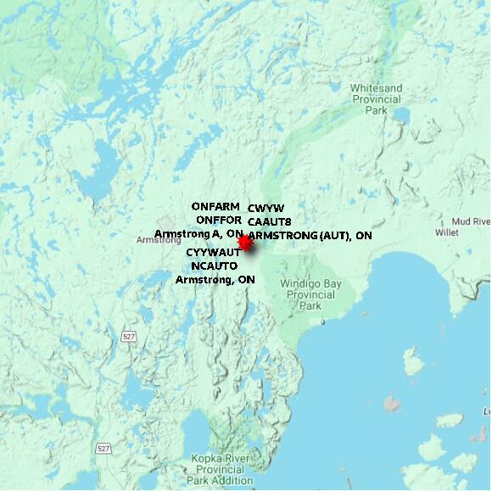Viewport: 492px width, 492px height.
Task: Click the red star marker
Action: tap(245, 243)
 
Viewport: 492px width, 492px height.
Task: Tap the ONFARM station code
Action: tap(215, 206)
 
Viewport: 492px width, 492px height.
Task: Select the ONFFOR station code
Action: tap(219, 220)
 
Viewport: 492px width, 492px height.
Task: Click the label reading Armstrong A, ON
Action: tap(198, 233)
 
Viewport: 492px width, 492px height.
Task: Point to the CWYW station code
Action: tap(266, 208)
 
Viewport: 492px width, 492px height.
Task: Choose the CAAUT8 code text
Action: tap(270, 221)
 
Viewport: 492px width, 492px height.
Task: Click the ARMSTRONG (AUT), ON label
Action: tap(311, 235)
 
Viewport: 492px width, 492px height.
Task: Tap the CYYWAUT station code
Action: tap(213, 253)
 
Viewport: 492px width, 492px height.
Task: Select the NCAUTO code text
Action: tap(214, 266)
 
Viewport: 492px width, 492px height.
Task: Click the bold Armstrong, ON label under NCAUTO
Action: tap(215, 279)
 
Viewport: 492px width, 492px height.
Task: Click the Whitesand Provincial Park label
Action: tap(376, 98)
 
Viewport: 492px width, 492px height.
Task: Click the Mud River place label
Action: tap(471, 221)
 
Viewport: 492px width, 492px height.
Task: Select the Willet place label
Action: tap(446, 232)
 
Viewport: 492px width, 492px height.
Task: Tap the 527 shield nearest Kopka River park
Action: tap(103, 448)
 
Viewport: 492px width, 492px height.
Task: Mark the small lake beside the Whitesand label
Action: tap(400, 115)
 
